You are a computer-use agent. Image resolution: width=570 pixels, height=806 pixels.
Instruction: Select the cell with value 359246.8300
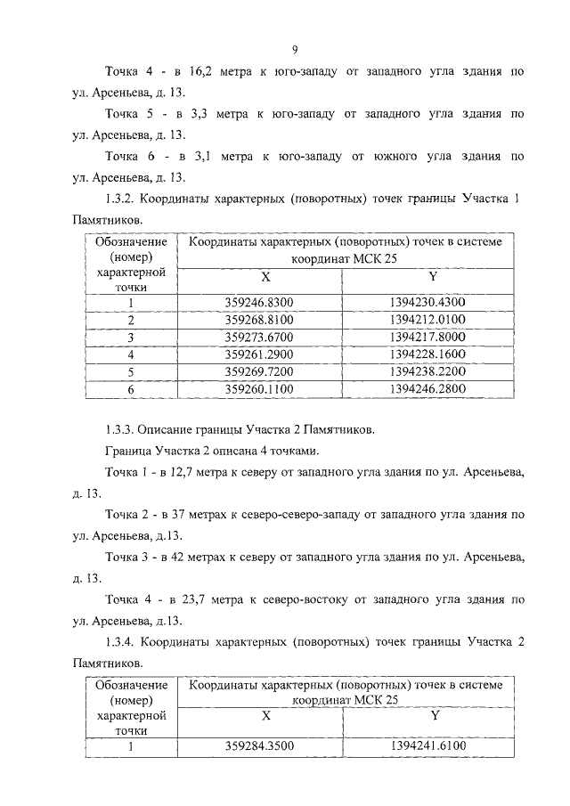[259, 303]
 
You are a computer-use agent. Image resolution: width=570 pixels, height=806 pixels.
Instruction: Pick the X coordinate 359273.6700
[259, 337]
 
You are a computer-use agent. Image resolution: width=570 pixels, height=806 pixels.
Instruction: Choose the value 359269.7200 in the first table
[259, 370]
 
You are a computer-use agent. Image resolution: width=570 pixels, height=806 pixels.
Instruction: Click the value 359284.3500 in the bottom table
[259, 746]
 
